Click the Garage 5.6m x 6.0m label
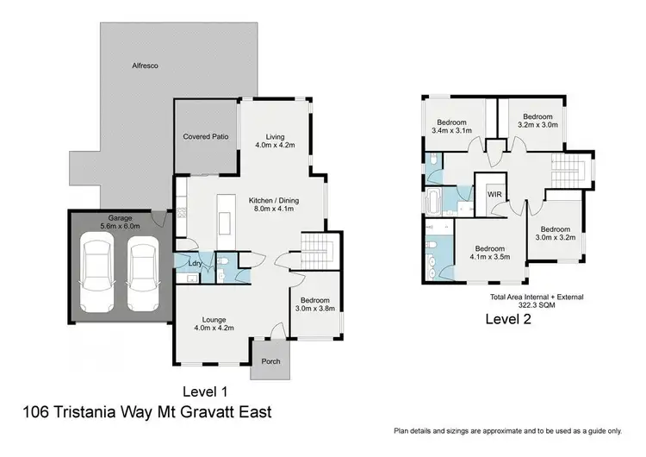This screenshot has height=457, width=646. point(120,223)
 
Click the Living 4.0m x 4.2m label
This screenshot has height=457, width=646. point(275,141)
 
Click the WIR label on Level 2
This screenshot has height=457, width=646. point(494,195)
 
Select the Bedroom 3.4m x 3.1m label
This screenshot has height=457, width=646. point(452,126)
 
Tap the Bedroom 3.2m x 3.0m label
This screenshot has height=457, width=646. point(538,121)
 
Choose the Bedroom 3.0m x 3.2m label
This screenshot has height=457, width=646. point(555,233)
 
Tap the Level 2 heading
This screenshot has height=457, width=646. point(508,319)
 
